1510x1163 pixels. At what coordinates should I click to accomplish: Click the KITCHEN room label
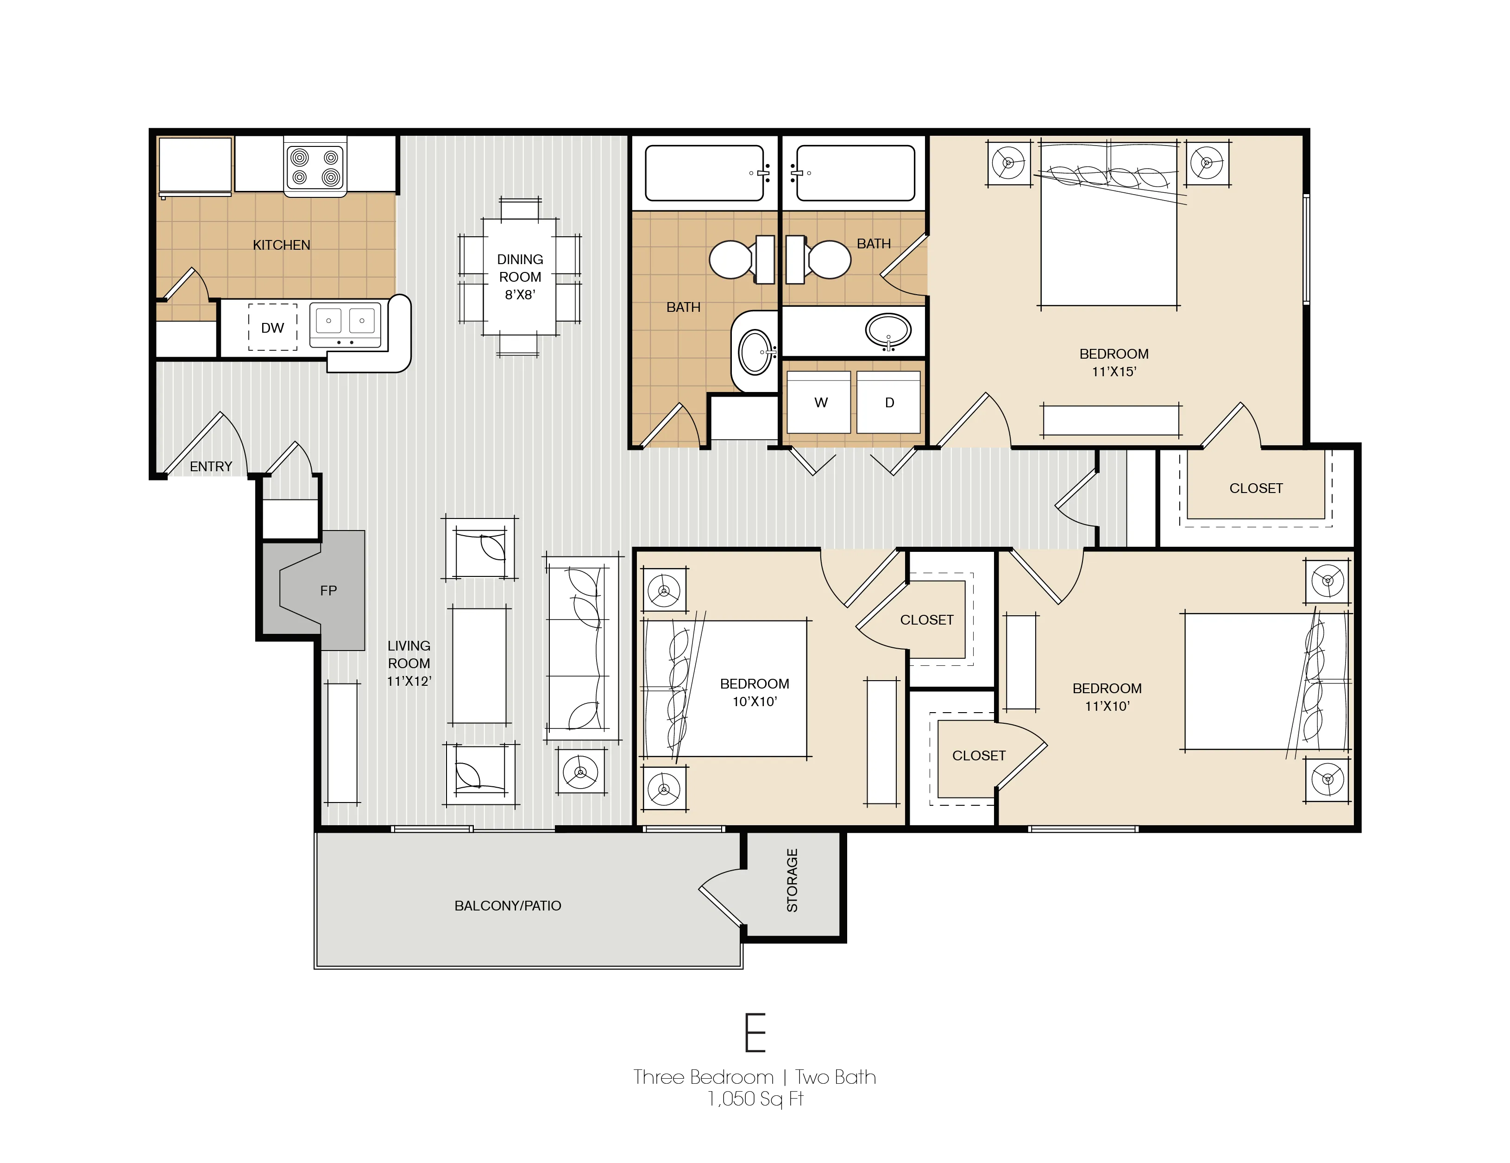point(282,245)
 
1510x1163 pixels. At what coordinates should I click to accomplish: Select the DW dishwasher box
point(272,328)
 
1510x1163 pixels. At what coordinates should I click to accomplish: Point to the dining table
point(520,277)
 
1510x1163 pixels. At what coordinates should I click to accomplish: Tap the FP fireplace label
point(328,590)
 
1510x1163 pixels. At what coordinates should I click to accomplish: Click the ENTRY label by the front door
point(211,467)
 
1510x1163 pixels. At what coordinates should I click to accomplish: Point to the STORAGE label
point(793,880)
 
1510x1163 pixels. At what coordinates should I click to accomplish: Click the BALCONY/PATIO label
point(508,906)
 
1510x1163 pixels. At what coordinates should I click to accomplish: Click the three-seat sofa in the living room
point(582,647)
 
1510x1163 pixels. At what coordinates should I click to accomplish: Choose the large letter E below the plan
point(755,1032)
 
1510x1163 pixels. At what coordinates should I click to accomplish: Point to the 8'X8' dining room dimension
point(520,295)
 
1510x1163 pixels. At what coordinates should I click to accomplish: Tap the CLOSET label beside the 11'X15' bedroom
point(1256,488)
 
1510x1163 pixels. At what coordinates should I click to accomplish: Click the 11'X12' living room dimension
point(409,681)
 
